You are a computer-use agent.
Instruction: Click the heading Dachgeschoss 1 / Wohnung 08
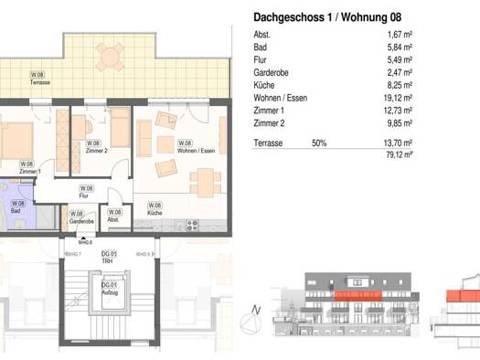tap(326, 16)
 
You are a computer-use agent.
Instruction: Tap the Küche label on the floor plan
tap(155, 209)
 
